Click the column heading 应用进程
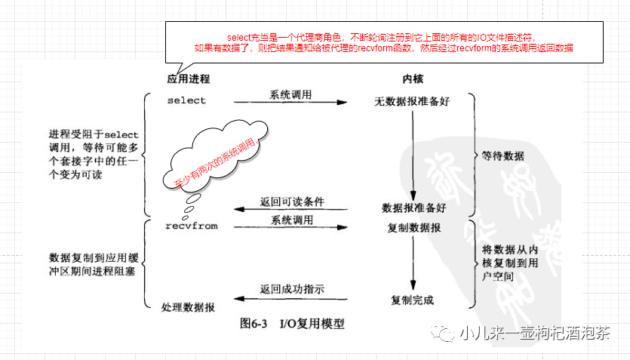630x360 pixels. (x=188, y=79)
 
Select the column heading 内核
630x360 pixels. (x=412, y=79)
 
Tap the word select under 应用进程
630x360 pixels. (x=186, y=100)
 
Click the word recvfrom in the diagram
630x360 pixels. (x=191, y=225)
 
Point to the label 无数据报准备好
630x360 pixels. (x=412, y=101)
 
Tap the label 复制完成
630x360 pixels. (x=412, y=300)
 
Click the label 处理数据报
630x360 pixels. (x=188, y=307)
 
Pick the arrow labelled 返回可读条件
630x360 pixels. (x=290, y=209)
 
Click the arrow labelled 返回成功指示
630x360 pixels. (x=290, y=296)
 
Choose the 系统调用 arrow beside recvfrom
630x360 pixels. (x=290, y=226)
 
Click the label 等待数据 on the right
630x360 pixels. (x=502, y=156)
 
